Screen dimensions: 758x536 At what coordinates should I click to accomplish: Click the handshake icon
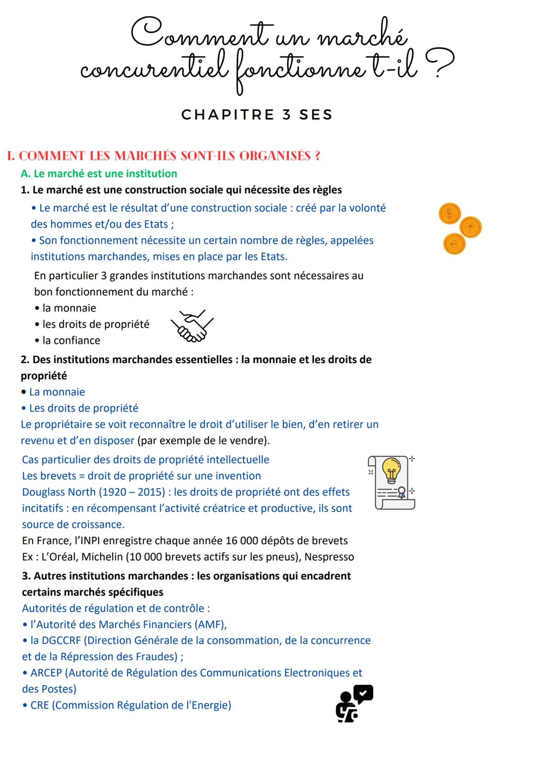click(192, 326)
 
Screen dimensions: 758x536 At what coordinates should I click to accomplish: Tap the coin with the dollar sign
click(450, 214)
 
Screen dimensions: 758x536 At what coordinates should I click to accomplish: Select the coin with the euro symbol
click(454, 244)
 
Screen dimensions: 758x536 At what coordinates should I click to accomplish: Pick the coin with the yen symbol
click(470, 227)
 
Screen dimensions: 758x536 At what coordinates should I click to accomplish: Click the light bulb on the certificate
click(391, 469)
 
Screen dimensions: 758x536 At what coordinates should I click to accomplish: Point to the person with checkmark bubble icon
click(354, 703)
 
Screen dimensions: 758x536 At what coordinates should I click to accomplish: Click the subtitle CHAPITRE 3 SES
click(257, 115)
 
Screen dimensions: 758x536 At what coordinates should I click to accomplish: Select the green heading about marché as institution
click(99, 174)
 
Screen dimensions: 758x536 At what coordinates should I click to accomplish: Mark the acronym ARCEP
click(46, 673)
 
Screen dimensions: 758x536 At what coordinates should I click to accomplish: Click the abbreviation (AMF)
click(210, 624)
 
